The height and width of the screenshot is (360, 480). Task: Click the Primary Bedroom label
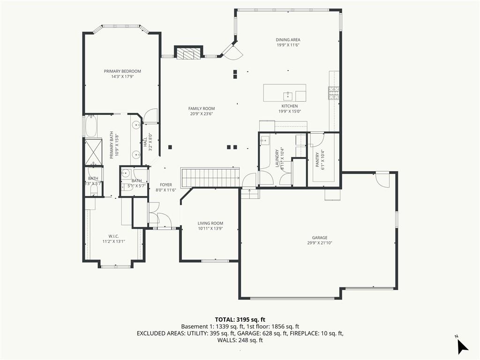(122, 71)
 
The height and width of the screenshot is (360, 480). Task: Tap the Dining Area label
(288, 40)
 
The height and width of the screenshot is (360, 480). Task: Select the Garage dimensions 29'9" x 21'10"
(320, 243)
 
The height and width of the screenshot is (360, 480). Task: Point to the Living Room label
(210, 223)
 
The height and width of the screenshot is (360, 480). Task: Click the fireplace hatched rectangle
(188, 54)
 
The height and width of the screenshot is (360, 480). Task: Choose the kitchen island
(285, 93)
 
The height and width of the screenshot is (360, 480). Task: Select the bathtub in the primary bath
(90, 126)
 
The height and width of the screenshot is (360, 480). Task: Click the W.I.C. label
(113, 236)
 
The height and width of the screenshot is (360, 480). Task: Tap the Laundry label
(277, 158)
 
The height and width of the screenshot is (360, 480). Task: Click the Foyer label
(166, 185)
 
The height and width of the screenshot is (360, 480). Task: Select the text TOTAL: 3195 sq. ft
(240, 319)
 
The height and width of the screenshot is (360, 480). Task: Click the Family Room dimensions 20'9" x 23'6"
(202, 113)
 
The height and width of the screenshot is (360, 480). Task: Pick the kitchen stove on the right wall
(334, 92)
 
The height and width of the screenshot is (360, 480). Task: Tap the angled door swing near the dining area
(232, 52)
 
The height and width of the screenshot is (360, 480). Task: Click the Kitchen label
(289, 106)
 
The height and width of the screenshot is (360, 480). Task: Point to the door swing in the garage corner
(382, 180)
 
